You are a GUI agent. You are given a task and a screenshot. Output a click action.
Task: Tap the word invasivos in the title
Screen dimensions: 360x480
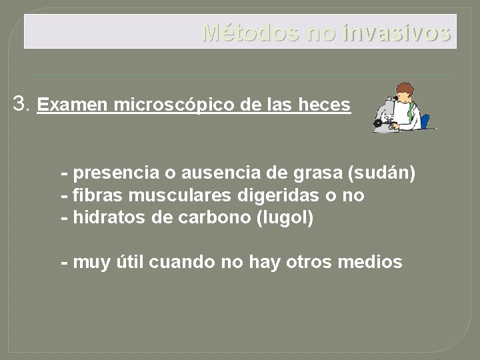coord(397,32)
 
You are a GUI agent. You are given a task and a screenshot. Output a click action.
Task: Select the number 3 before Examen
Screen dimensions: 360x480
coord(20,103)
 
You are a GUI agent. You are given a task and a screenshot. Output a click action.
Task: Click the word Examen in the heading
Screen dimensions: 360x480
coord(73,105)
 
